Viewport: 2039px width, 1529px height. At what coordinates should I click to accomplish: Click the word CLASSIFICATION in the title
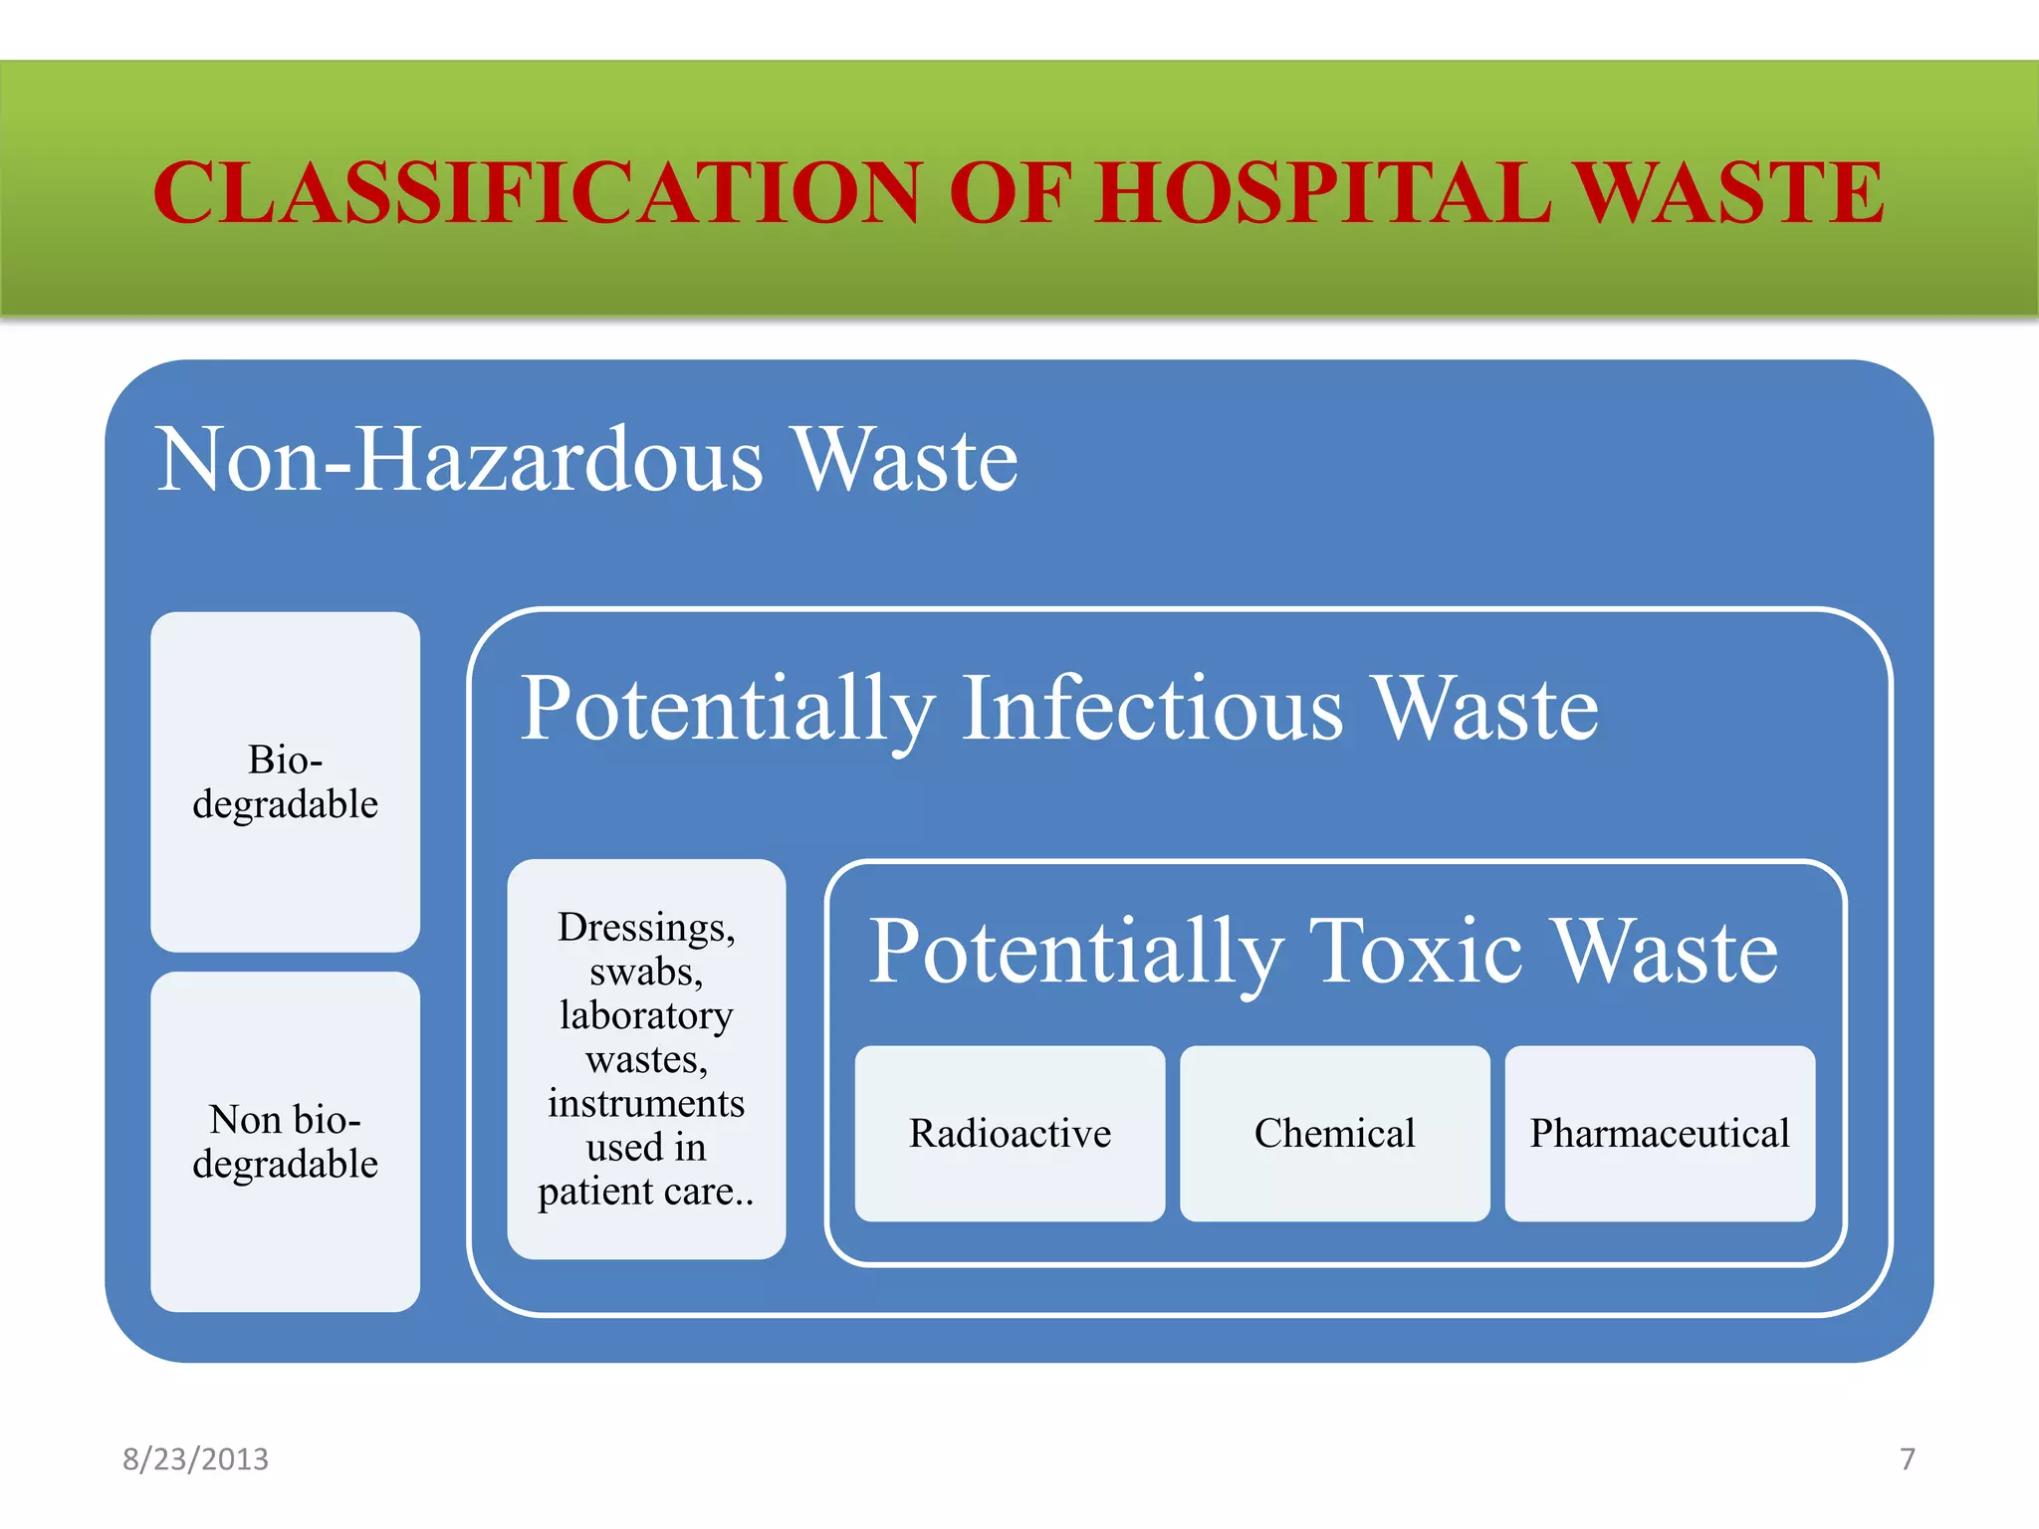[538, 192]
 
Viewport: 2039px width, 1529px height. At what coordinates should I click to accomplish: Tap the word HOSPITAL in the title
[1324, 192]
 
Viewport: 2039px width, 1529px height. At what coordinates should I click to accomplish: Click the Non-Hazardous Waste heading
[587, 460]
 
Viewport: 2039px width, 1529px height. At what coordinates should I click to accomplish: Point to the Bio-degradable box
[285, 782]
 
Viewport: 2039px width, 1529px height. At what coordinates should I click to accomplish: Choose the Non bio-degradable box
[285, 1142]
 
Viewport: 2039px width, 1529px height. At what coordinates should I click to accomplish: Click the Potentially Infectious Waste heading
[1059, 709]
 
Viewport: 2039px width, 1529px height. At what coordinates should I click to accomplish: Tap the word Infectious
[1153, 709]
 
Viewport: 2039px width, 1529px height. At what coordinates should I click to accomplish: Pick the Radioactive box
[1010, 1134]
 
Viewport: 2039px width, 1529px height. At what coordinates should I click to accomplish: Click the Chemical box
[1334, 1134]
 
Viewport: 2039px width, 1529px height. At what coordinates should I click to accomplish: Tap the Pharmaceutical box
[1660, 1134]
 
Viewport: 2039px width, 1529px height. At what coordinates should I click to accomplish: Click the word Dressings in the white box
[645, 928]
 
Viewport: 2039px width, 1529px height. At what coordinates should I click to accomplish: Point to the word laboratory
[646, 1015]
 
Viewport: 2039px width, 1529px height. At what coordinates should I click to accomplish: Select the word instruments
[646, 1104]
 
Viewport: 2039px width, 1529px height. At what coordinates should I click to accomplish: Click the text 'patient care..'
[646, 1192]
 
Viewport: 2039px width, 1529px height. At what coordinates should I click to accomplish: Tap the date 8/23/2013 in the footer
[195, 1459]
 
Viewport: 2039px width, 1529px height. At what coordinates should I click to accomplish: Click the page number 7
[1908, 1459]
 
